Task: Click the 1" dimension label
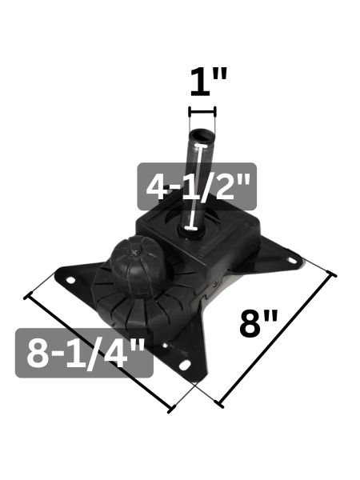click(209, 82)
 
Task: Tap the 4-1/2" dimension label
click(198, 187)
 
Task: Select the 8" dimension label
click(259, 323)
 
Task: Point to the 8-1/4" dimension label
click(85, 354)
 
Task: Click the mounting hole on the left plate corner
click(70, 280)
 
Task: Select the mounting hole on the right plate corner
click(291, 260)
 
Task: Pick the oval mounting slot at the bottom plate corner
click(184, 365)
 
